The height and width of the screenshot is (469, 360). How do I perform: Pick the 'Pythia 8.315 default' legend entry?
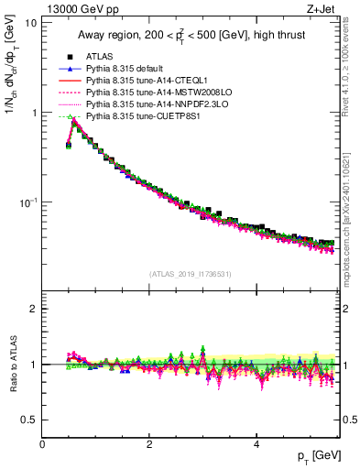tap(125, 69)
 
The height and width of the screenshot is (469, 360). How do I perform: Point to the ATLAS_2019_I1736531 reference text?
tap(191, 275)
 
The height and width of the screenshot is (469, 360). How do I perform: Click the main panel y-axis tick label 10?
tap(30, 23)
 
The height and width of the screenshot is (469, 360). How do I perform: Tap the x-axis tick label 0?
tap(42, 444)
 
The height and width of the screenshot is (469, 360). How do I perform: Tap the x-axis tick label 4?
tap(256, 444)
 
